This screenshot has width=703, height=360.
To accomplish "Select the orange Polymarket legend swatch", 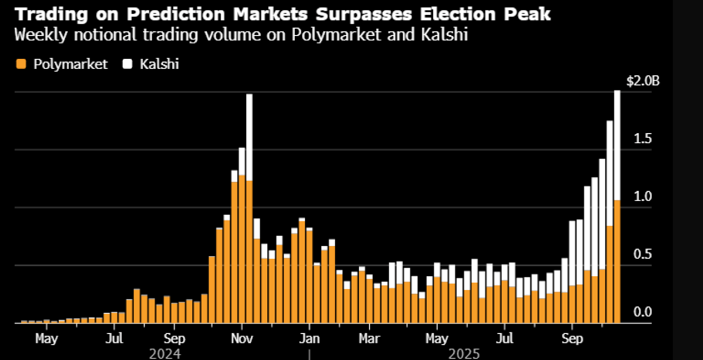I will [x=21, y=64].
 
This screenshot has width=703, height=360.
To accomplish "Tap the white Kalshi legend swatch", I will [x=128, y=64].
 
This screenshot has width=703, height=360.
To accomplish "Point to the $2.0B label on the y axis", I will [x=643, y=81].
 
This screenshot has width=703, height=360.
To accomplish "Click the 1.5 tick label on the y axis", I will [x=642, y=139].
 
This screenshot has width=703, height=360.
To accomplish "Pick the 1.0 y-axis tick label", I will [x=642, y=197].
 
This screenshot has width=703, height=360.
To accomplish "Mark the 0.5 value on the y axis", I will [x=642, y=254].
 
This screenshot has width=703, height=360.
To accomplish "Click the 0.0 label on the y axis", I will [x=642, y=312].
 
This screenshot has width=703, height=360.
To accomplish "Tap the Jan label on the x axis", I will [x=309, y=338].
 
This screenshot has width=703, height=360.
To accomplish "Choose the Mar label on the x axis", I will [x=369, y=338].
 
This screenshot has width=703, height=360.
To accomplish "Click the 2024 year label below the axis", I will [x=165, y=353].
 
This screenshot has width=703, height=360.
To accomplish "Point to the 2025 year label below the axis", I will [x=464, y=353].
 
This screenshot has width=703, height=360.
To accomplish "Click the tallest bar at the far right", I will [x=617, y=207].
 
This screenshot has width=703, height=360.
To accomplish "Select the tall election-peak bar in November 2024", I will [x=249, y=207].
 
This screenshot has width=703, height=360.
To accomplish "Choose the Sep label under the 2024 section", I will [x=174, y=338].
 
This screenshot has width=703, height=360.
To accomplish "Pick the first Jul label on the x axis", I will [x=114, y=338].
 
